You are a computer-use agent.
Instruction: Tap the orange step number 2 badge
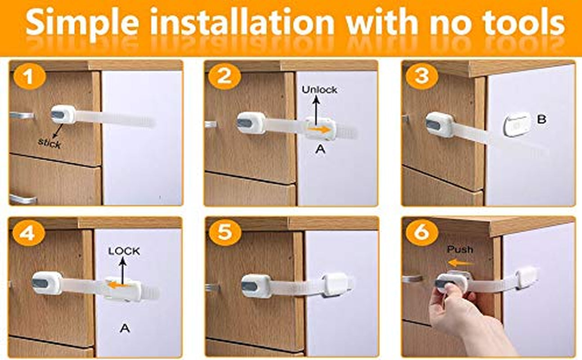tap(224, 78)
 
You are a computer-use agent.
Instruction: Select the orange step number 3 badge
tap(421, 77)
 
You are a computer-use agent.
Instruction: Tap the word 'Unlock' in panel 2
tap(319, 90)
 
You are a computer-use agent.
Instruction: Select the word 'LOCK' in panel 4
tap(124, 251)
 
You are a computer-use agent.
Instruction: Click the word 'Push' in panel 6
tap(460, 249)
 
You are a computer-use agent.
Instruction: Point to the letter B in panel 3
tap(542, 120)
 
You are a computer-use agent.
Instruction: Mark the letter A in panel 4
tap(125, 328)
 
